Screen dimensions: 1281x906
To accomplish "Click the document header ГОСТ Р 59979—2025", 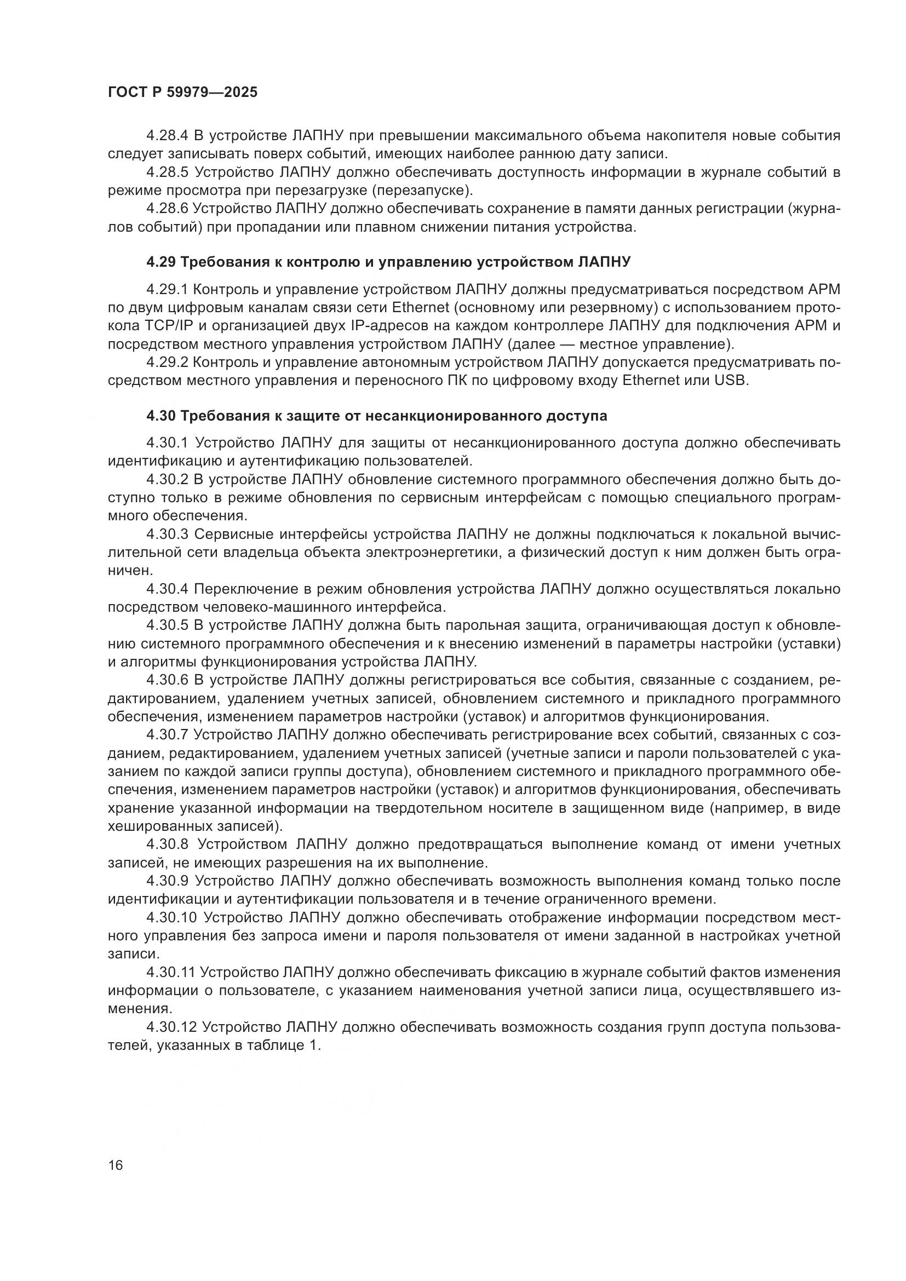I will [182, 92].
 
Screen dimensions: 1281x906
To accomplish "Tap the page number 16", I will [116, 1165].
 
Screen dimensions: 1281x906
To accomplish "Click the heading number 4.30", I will [161, 416].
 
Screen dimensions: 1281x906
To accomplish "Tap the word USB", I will [729, 381].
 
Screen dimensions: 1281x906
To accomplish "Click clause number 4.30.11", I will [170, 973].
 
